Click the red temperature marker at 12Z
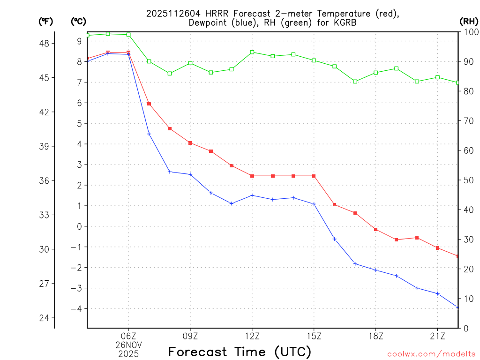coord(252,176)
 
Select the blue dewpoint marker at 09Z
coord(190,174)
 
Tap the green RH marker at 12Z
coord(252,52)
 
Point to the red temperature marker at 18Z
coord(376,229)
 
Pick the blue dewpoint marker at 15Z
coord(314,204)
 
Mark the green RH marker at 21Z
coord(437,77)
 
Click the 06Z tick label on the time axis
coord(128,336)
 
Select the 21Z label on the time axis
coord(437,336)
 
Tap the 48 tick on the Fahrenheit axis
coord(47,43)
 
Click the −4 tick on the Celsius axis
coord(76,309)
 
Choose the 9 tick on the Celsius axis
coord(79,41)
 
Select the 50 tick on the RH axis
coord(468,180)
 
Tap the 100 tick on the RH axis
coord(470,32)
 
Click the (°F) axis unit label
coord(45,21)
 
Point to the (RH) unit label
coord(469,21)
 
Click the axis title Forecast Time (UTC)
coord(240,352)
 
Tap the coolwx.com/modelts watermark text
coord(431,354)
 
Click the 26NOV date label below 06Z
coord(128,345)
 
